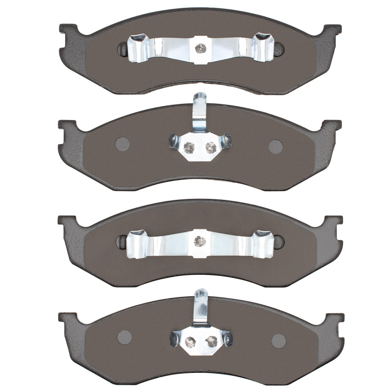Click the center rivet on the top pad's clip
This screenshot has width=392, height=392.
pyautogui.click(x=200, y=48)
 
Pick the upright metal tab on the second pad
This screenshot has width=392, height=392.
pyautogui.click(x=199, y=110)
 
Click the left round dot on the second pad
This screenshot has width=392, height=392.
pyautogui.click(x=122, y=144)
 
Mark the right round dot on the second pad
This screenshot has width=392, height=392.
pyautogui.click(x=276, y=146)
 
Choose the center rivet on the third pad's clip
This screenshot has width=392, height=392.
pyautogui.click(x=199, y=241)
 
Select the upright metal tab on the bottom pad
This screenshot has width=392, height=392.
pyautogui.click(x=200, y=305)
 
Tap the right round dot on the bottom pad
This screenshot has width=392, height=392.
pyautogui.click(x=278, y=340)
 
